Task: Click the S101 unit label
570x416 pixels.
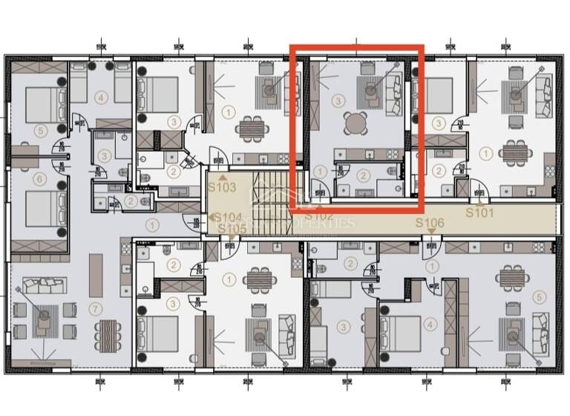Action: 479,212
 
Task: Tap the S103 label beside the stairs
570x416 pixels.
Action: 222,188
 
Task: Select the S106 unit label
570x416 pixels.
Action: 429,223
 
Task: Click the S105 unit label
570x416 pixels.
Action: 232,228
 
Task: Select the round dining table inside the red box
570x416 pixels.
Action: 356,123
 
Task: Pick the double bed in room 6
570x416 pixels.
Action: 46,209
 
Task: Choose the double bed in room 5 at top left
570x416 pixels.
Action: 46,105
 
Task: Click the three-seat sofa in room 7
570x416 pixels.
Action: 43,284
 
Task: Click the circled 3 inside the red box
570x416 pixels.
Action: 338,100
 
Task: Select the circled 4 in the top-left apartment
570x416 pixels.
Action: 102,97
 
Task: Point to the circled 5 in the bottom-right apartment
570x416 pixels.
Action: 540,296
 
